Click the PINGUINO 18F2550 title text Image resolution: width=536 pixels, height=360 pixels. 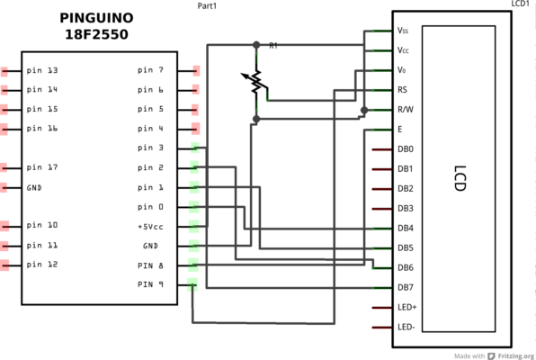coord(97,26)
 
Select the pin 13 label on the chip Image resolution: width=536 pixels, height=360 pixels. coord(42,70)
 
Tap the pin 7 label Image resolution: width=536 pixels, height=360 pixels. coord(150,70)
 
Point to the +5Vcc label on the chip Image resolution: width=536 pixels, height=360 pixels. coord(150,227)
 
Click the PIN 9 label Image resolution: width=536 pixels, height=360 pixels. coord(150,284)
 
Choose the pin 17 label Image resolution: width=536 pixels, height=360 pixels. coord(42,167)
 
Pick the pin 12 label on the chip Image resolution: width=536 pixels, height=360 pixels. coord(42,265)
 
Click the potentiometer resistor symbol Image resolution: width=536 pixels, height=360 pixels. coord(255,82)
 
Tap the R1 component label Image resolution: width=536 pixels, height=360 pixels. coord(273,46)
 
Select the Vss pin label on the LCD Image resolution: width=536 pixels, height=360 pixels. coord(403,31)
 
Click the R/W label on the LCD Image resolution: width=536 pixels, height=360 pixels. coord(406,110)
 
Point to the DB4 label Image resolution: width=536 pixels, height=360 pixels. coord(406,228)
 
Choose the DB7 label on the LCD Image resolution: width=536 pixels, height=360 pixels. coord(406,287)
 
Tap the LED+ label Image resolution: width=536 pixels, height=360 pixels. coord(406,307)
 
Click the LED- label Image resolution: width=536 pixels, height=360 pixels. coord(406,327)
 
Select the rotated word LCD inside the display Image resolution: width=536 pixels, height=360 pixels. coord(460,178)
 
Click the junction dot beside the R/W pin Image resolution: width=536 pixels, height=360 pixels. coord(364,110)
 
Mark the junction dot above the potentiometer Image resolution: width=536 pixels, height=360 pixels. coord(256,45)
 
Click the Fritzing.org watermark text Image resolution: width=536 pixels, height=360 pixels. coord(516,355)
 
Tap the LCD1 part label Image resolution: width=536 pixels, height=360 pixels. coord(521,4)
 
